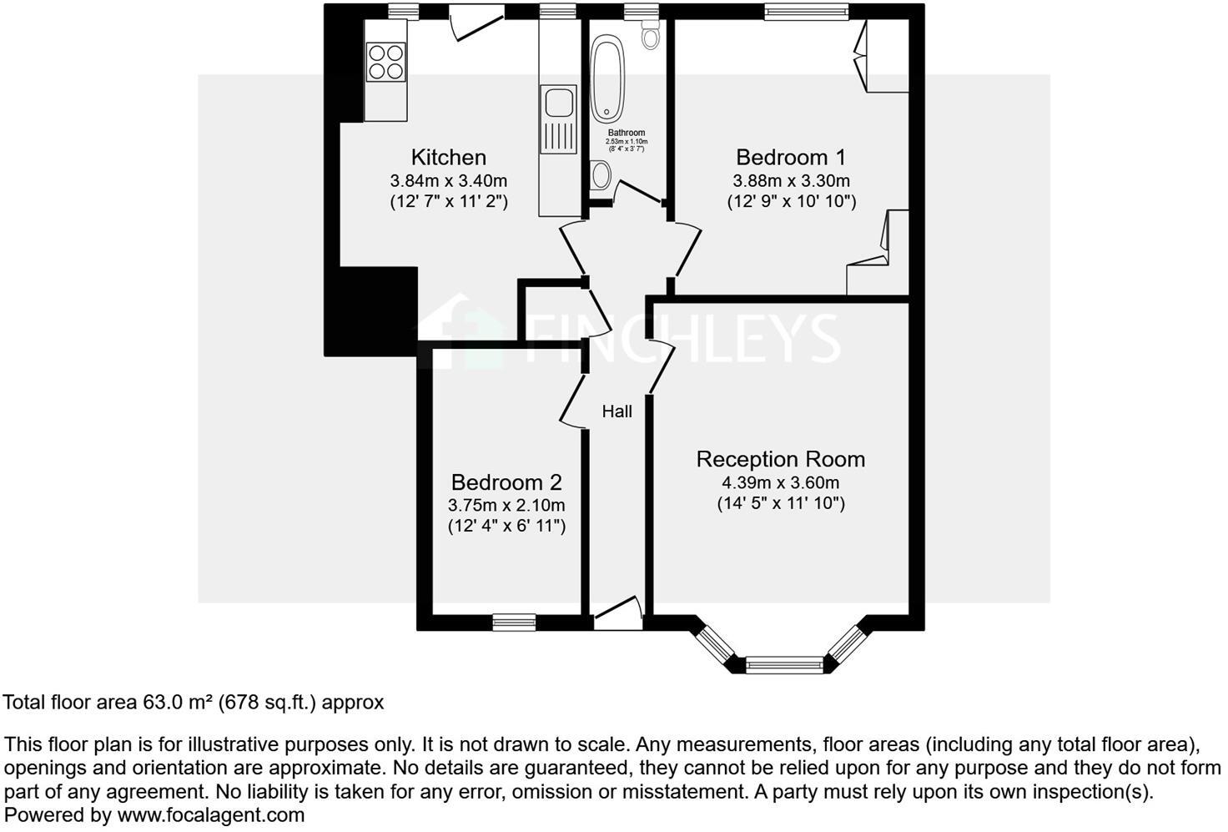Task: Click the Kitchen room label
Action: [448, 157]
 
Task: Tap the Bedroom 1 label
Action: [791, 157]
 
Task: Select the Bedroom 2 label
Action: [506, 482]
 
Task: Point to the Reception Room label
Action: [780, 459]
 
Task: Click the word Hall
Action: [617, 411]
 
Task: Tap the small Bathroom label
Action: [626, 133]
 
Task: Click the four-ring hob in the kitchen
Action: [386, 62]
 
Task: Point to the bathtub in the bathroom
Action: [606, 78]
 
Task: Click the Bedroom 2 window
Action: [513, 622]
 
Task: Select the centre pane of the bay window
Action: [783, 665]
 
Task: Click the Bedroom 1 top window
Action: [806, 11]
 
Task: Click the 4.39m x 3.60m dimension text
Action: [780, 482]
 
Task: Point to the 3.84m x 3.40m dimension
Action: [448, 180]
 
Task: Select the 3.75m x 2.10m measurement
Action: [506, 505]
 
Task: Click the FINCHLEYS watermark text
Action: [684, 337]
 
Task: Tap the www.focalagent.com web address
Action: [210, 814]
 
